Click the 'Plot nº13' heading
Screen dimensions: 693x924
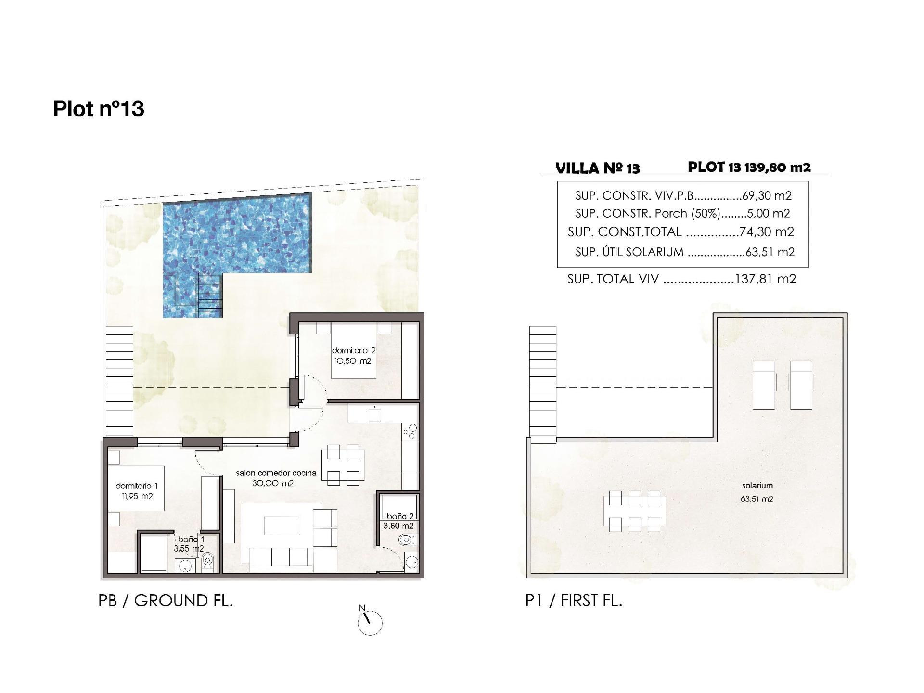point(98,109)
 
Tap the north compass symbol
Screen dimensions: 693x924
point(370,623)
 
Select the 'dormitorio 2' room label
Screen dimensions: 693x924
point(354,351)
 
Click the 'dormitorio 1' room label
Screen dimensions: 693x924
point(137,486)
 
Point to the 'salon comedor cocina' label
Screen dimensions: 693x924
point(276,473)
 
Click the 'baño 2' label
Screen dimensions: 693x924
point(399,516)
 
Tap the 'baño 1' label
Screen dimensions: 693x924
point(191,539)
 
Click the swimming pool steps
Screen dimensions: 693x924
point(210,291)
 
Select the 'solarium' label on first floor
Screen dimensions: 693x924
point(757,486)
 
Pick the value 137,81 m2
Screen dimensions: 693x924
point(766,279)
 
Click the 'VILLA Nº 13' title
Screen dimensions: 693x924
point(597,168)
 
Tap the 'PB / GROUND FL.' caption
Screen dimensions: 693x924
point(166,601)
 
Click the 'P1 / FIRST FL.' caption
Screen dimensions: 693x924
point(574,601)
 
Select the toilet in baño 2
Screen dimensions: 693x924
point(406,540)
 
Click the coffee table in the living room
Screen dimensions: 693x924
point(282,525)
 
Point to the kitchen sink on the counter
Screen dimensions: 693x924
point(374,414)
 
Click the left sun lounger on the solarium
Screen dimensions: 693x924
point(763,385)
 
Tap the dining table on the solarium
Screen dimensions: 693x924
point(635,511)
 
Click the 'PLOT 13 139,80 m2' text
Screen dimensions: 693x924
point(749,167)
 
